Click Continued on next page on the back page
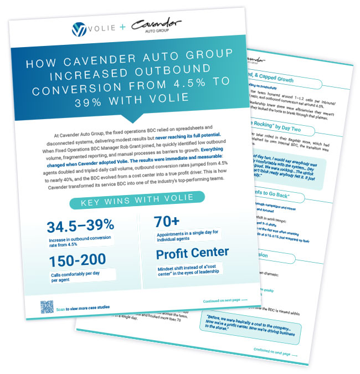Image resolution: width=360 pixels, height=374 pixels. (275, 351)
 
